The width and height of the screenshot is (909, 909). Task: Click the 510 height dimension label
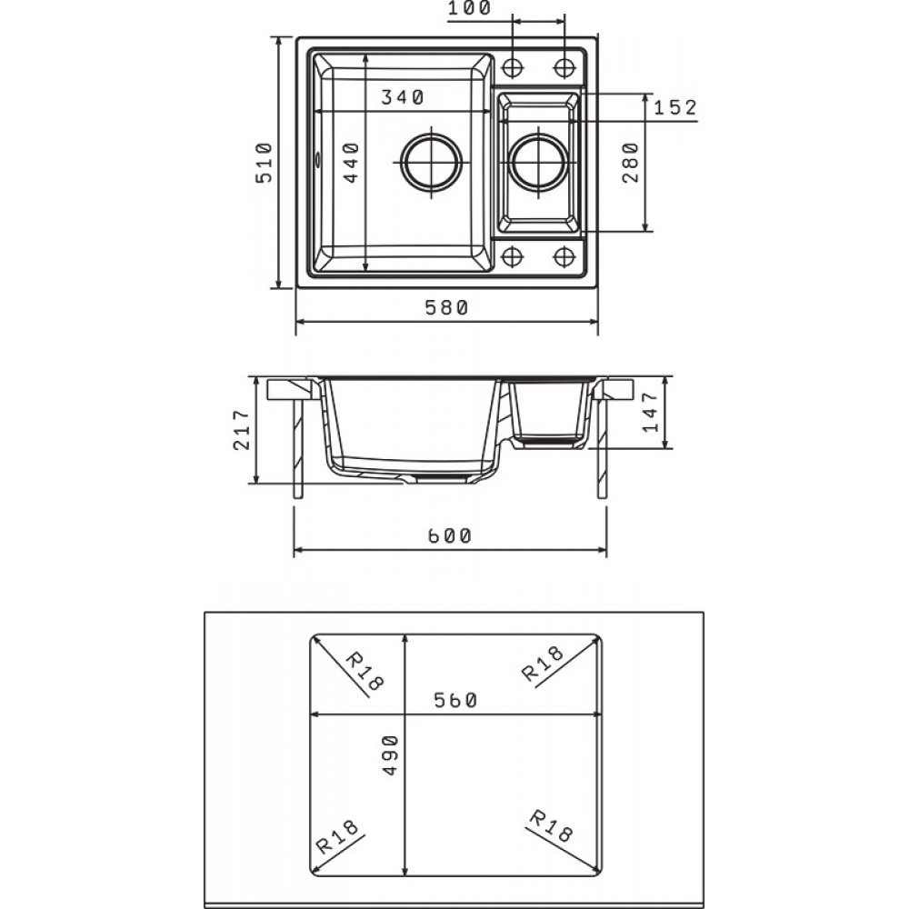tap(264, 162)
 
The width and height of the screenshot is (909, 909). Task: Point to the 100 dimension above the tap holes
tap(469, 9)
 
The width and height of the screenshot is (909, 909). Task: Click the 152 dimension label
tap(674, 107)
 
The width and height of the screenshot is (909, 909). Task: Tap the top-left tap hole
tap(513, 67)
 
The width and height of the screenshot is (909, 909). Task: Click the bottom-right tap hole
tap(565, 255)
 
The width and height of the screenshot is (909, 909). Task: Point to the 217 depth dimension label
tap(242, 431)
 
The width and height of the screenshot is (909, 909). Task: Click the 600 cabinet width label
tap(450, 536)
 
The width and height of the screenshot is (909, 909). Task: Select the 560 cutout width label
tap(456, 701)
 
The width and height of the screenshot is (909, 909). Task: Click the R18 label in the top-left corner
tap(364, 672)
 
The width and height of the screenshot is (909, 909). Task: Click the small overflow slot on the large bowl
tap(317, 162)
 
